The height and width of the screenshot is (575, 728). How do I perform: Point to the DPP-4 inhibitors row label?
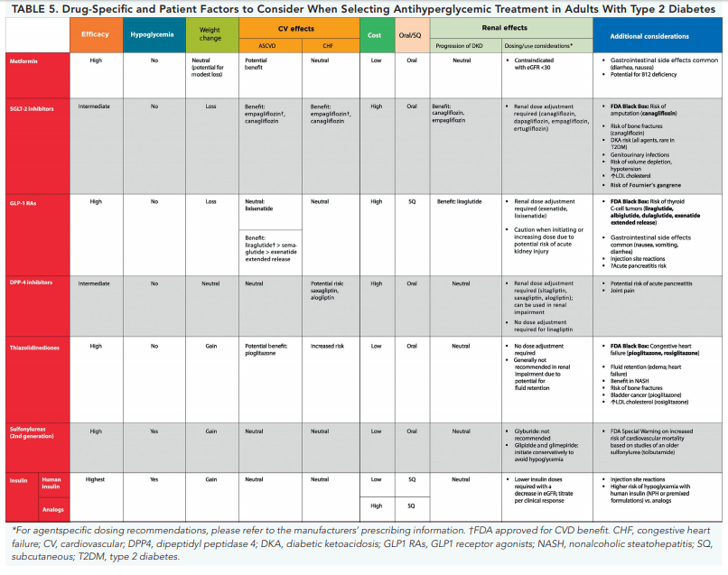(33, 283)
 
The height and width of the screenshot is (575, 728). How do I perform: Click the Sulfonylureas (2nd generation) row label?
(36, 434)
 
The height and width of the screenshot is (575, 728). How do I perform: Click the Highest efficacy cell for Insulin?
(96, 479)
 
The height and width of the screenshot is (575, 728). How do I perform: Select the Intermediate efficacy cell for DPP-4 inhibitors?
(94, 283)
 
